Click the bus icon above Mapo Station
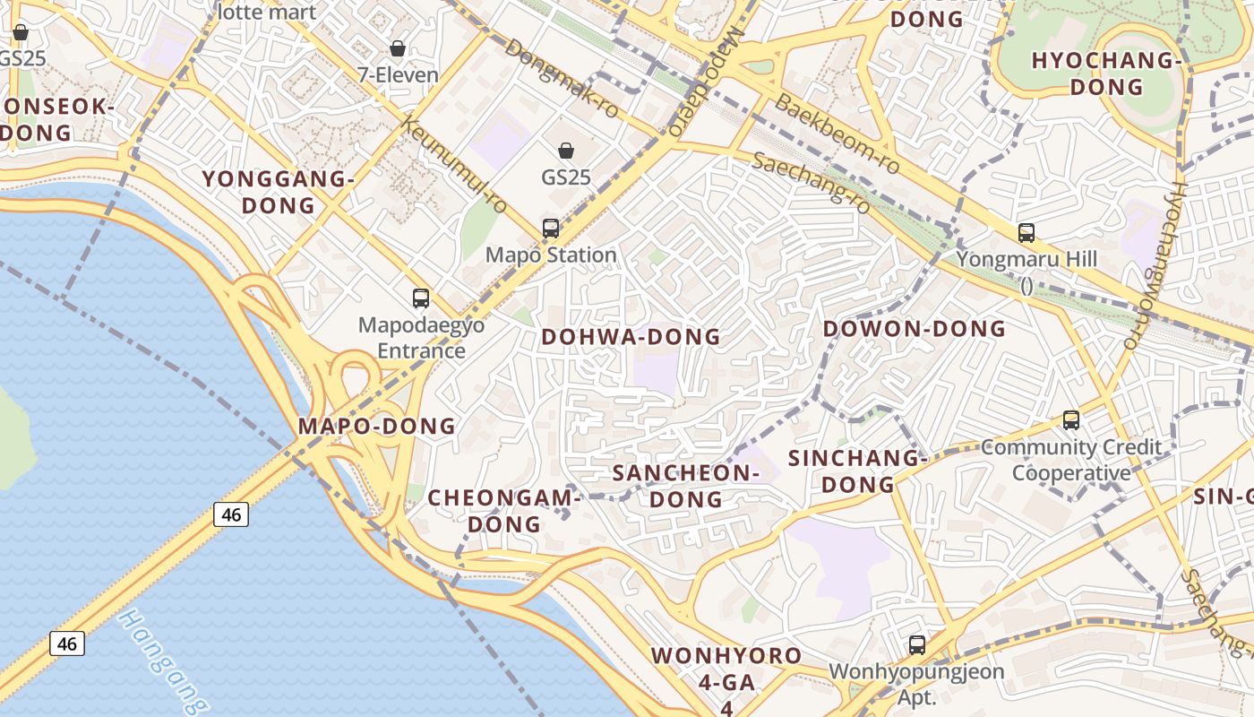[551, 229]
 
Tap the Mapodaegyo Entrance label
[421, 337]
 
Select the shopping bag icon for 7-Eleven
[397, 48]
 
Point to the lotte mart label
[267, 12]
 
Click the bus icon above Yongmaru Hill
[1026, 233]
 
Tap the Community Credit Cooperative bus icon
[1070, 419]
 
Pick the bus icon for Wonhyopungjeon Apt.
[916, 644]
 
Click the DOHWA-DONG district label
[631, 337]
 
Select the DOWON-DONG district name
[915, 329]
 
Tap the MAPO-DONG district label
[377, 426]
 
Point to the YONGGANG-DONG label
[279, 192]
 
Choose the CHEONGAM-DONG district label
[505, 510]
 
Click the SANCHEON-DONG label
[686, 486]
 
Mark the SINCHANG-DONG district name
[858, 471]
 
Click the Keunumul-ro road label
[454, 165]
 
